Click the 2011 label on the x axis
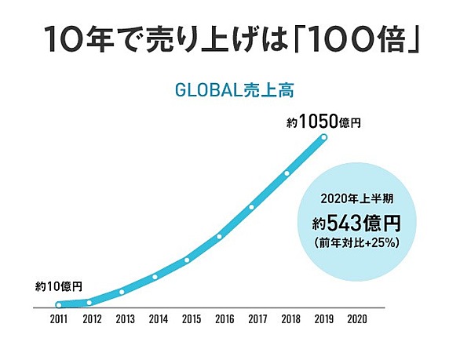coord(58,319)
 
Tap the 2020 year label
coord(356,319)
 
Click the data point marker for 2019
coord(323,139)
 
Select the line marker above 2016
coord(219,236)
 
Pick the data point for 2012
coord(89,302)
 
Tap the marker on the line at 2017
coord(252,207)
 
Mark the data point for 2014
coord(155,276)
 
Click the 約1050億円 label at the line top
coord(323,122)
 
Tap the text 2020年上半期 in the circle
coord(356,198)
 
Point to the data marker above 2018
coord(287,173)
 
